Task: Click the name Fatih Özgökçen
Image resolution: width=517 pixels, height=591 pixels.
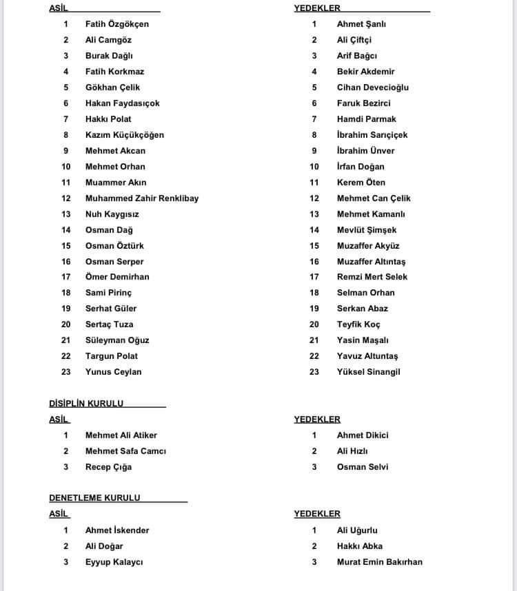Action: [116, 24]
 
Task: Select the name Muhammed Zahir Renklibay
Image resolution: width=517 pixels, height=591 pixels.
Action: [141, 198]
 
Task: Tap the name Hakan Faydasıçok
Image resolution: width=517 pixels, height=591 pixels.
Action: [122, 103]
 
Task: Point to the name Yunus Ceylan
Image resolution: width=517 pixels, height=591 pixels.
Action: [113, 372]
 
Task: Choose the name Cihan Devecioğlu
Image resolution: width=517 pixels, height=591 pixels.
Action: [372, 87]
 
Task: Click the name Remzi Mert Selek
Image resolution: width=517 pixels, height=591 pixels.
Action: [372, 277]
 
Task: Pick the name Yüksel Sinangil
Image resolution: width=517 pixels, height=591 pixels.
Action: [368, 372]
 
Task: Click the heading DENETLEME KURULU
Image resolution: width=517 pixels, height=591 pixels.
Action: [94, 498]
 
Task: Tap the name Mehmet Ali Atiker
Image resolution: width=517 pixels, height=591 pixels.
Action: [121, 435]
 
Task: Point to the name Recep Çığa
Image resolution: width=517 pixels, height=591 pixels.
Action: [108, 467]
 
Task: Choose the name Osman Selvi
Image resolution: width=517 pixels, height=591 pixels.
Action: [362, 467]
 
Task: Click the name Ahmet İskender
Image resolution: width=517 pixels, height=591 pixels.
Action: [116, 530]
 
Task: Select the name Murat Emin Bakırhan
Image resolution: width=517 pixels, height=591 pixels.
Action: [379, 562]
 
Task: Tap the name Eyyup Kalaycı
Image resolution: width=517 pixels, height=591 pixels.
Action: [114, 562]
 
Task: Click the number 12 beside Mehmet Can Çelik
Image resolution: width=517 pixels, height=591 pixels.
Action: [314, 198]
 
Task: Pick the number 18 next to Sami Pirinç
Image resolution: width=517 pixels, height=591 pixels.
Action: [66, 293]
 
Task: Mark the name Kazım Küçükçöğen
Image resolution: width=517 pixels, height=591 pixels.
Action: [125, 135]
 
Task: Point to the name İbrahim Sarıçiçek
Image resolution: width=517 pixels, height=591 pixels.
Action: [372, 135]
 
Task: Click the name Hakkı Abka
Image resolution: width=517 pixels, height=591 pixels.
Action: [359, 546]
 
